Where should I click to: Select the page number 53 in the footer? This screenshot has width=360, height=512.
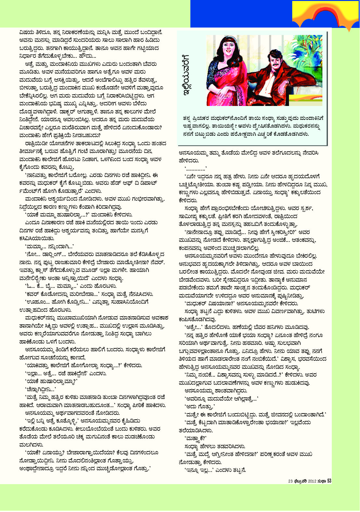tap(329, 481)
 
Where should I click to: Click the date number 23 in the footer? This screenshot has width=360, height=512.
tap(290, 481)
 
